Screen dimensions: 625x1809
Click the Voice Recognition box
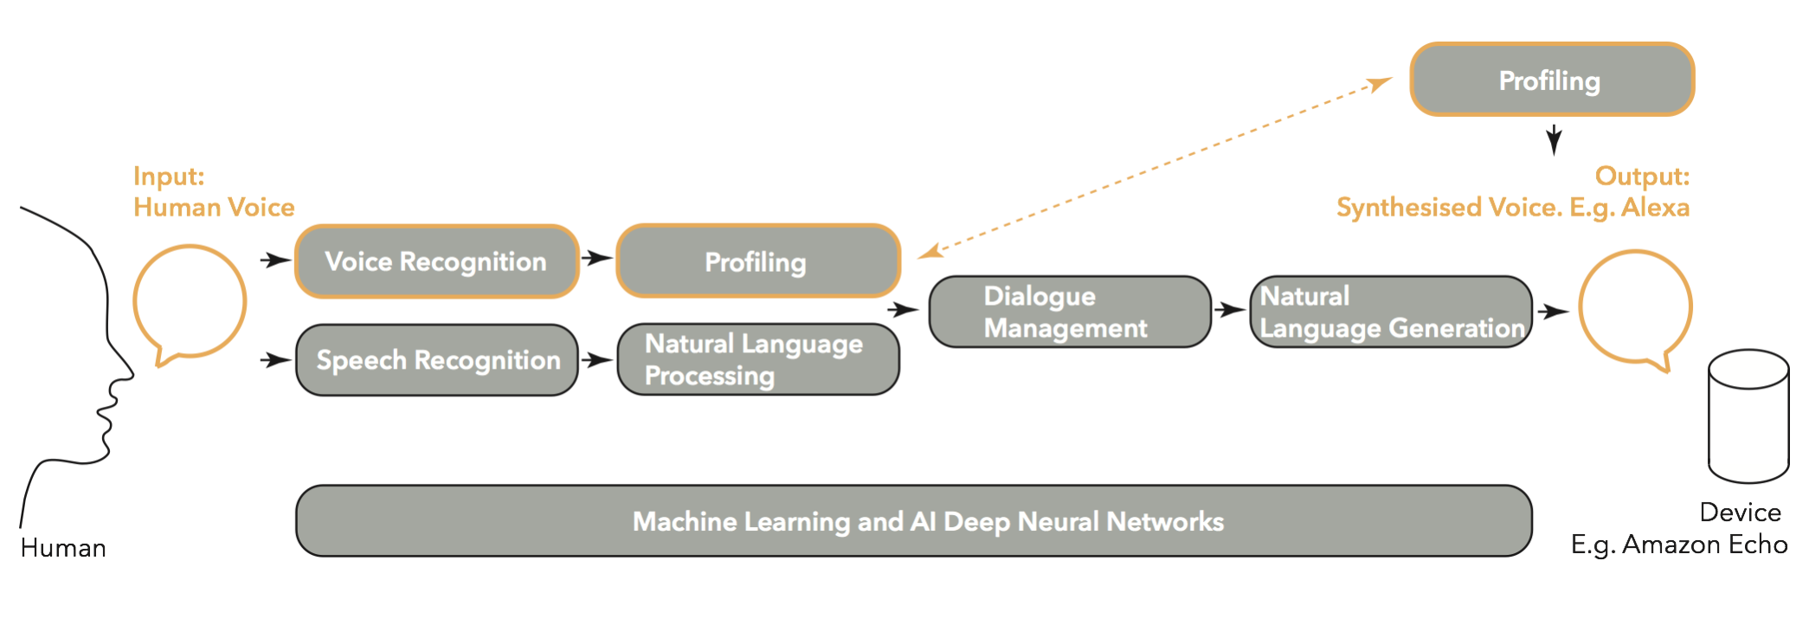[436, 261]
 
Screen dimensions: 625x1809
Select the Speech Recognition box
[436, 360]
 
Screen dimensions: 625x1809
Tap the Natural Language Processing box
[757, 359]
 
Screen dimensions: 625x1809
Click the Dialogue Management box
[1069, 312]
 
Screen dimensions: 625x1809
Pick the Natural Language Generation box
[1391, 312]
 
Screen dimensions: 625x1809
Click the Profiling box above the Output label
[1551, 80]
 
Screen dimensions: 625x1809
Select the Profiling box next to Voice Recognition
[757, 261]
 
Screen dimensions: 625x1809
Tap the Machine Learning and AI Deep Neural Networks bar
[913, 521]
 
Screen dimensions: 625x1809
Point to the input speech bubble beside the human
[190, 301]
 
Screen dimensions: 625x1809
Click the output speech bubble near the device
[1635, 306]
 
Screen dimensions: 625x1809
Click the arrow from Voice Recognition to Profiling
[596, 258]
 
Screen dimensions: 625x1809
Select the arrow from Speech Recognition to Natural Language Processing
[596, 359]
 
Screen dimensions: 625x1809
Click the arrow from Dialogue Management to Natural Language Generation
[1229, 309]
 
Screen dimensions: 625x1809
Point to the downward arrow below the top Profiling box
[1554, 139]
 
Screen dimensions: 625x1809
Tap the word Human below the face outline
[63, 548]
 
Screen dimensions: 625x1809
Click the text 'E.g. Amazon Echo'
[1678, 544]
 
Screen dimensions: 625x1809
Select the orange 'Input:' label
[169, 176]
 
